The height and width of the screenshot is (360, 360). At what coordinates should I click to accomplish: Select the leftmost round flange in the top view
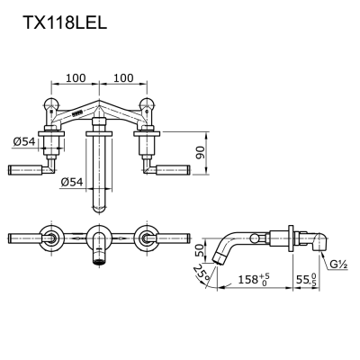tap(51, 239)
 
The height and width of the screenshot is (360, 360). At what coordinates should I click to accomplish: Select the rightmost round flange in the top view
tap(146, 239)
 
